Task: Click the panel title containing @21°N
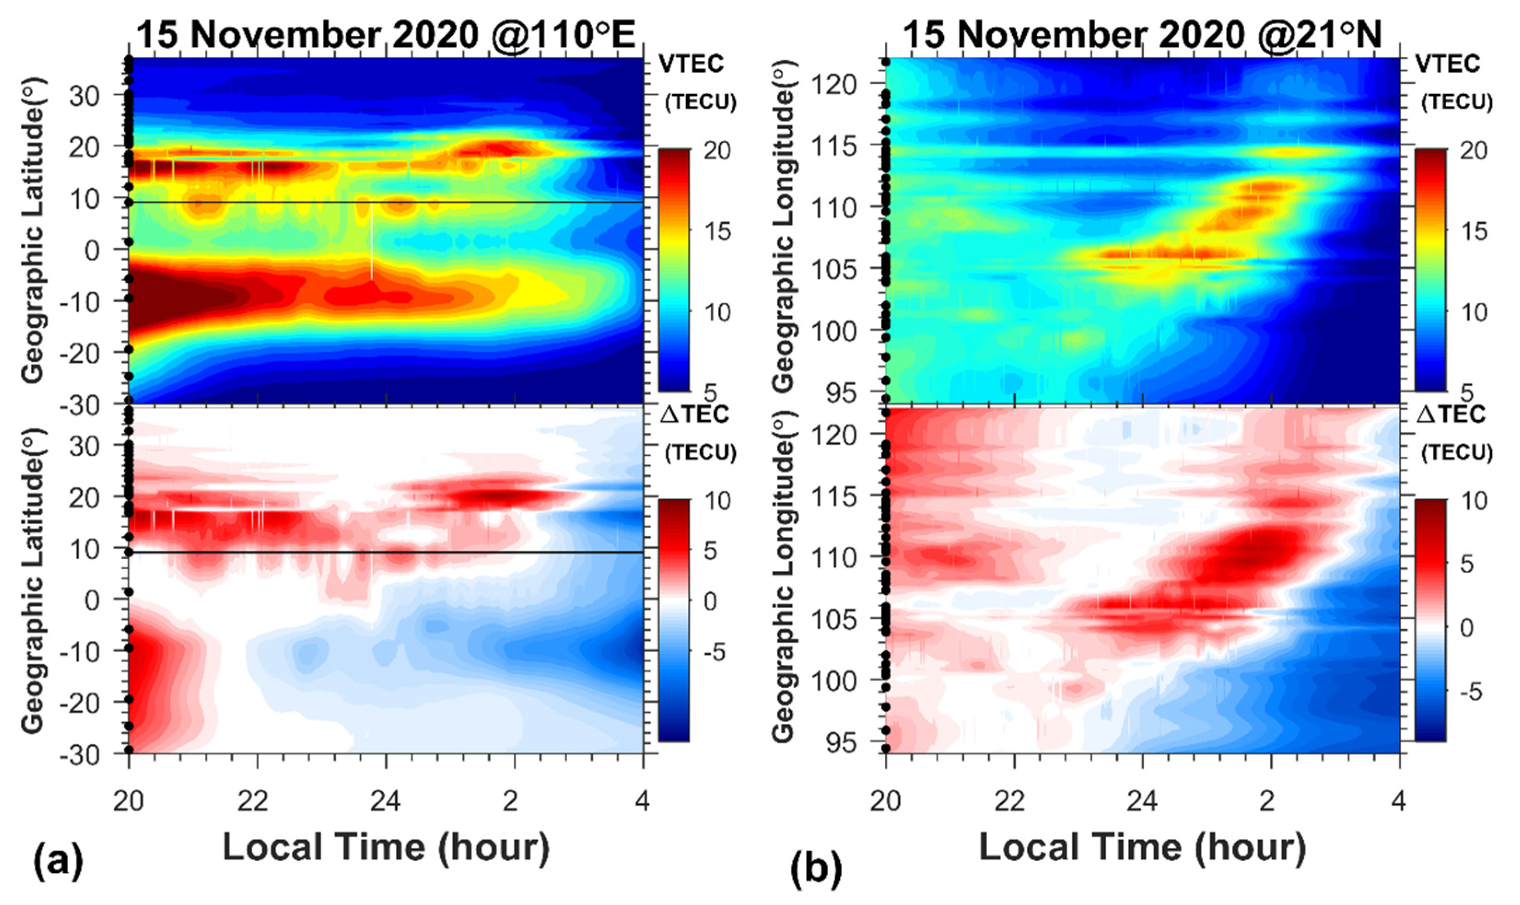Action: (x=1142, y=35)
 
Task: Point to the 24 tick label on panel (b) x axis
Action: (x=1142, y=800)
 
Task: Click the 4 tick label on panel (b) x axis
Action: (x=1398, y=800)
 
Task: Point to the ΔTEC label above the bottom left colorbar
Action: (x=699, y=414)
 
